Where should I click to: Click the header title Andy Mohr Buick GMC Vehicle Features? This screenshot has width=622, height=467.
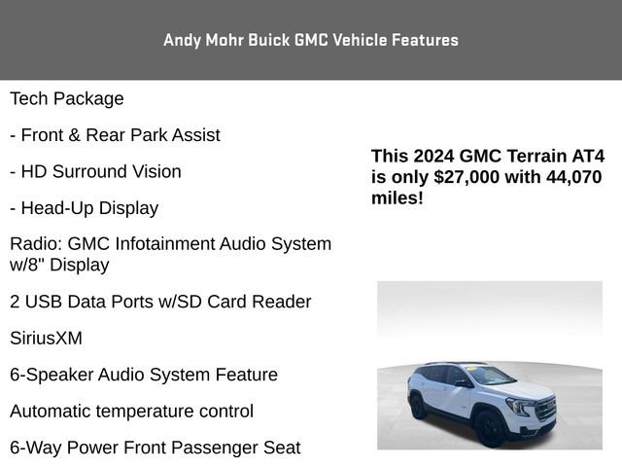pyautogui.click(x=311, y=40)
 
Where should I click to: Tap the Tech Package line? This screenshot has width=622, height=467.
pyautogui.click(x=67, y=99)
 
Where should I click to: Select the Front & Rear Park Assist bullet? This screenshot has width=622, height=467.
pyautogui.click(x=115, y=135)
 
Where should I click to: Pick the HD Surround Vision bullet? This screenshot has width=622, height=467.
pyautogui.click(x=95, y=171)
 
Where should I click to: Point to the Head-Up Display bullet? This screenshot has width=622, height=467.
pyautogui.click(x=85, y=208)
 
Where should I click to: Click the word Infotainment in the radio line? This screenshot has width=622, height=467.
pyautogui.click(x=164, y=244)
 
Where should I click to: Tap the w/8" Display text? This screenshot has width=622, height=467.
pyautogui.click(x=59, y=265)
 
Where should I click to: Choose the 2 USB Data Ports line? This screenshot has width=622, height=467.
pyautogui.click(x=160, y=302)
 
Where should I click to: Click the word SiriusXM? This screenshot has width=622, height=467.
pyautogui.click(x=46, y=339)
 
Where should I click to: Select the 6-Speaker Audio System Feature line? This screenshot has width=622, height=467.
pyautogui.click(x=144, y=375)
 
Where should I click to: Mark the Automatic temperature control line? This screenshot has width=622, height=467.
pyautogui.click(x=132, y=412)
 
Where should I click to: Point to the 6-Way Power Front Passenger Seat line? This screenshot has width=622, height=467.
pyautogui.click(x=155, y=448)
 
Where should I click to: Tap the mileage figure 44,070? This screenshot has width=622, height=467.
pyautogui.click(x=574, y=177)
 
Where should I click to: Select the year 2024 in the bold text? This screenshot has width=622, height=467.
pyautogui.click(x=433, y=156)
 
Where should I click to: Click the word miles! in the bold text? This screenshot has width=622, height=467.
pyautogui.click(x=397, y=198)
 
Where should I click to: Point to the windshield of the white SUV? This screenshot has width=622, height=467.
pyautogui.click(x=490, y=376)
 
